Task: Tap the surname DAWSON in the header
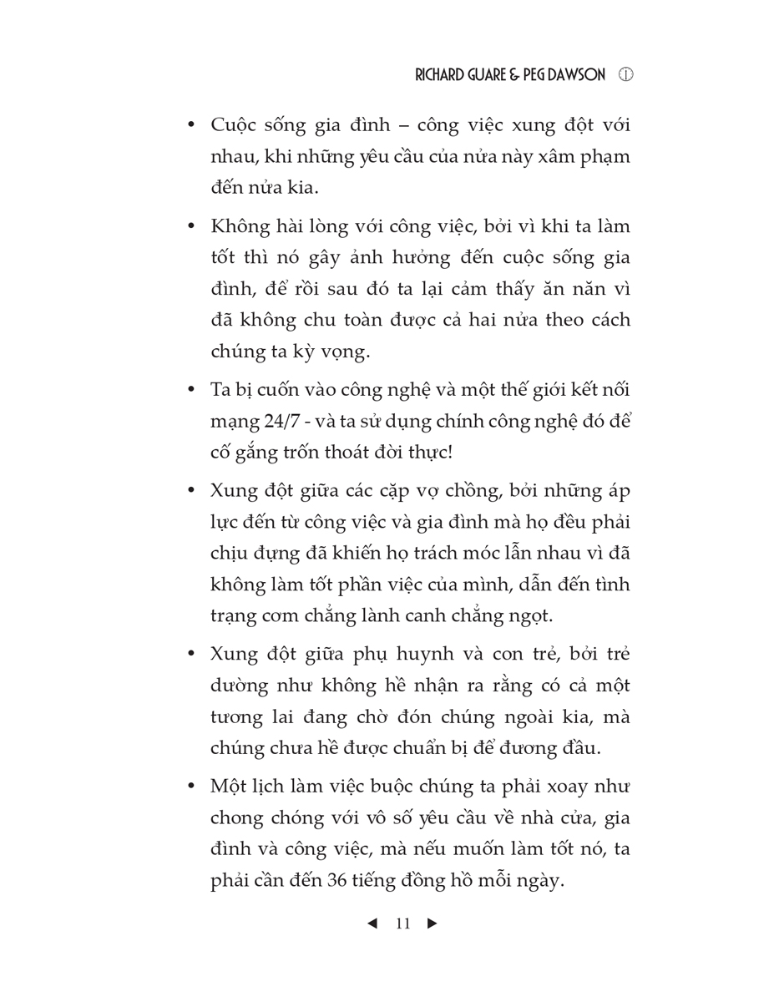coord(577,75)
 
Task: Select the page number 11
coord(402,924)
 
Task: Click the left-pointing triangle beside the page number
coord(372,924)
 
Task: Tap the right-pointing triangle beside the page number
coord(432,924)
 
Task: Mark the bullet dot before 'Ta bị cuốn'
coord(191,389)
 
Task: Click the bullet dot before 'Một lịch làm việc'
coord(191,787)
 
